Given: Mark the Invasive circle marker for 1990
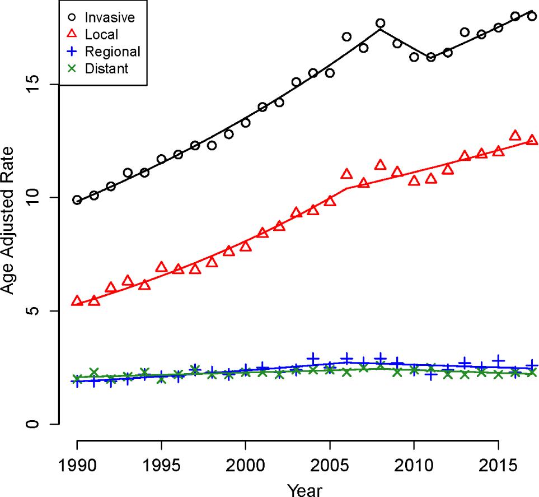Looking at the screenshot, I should point(77,200).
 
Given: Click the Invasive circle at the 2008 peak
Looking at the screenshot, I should point(381,24).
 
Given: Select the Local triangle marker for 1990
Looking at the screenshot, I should point(77,301).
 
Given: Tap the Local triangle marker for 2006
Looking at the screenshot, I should point(346,174).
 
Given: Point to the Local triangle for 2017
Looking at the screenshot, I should point(532,140).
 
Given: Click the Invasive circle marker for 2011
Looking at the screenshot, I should point(431,57).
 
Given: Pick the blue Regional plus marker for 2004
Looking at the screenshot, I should point(313,358).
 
